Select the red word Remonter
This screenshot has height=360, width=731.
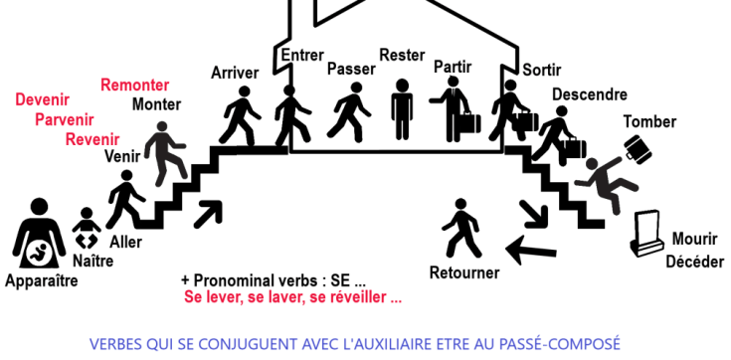(134, 85)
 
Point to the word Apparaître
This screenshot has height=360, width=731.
(41, 281)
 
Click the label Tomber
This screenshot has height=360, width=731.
(649, 122)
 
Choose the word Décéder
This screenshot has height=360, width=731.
(694, 262)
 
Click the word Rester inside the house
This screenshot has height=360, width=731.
(401, 55)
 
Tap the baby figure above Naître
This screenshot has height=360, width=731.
(87, 231)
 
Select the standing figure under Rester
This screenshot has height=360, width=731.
(402, 108)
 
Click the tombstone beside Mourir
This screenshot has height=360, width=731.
(649, 235)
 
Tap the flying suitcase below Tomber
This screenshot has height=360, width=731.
(637, 150)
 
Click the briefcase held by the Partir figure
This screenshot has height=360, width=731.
(466, 124)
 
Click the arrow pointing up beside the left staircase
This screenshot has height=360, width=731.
(210, 212)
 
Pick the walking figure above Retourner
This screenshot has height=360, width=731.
(462, 230)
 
